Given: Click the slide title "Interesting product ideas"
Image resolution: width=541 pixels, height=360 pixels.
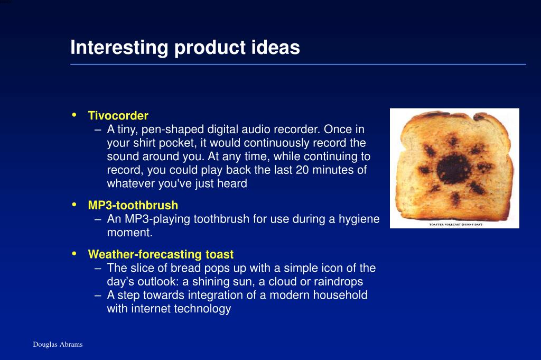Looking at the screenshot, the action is [185, 48].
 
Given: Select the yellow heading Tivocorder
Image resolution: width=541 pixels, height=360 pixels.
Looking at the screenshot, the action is [118, 115].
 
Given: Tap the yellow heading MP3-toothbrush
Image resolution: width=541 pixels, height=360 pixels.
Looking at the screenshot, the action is [133, 205].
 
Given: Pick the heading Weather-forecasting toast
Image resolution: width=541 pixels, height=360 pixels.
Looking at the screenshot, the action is [161, 254].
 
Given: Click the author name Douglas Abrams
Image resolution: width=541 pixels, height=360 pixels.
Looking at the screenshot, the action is [58, 344].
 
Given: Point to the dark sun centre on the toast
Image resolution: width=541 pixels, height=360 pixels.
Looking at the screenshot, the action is [454, 169].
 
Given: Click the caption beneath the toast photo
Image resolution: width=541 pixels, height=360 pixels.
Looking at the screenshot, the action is [455, 224].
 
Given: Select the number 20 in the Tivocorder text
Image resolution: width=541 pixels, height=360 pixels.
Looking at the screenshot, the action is [302, 170].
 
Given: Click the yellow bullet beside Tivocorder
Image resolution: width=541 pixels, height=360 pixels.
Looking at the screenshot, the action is [74, 115].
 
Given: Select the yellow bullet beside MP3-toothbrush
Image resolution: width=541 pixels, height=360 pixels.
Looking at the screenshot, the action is [74, 205].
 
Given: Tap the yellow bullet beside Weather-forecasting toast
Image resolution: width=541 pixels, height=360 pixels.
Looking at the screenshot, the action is [74, 254].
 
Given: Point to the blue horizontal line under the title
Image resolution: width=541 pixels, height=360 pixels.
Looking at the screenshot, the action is [298, 64].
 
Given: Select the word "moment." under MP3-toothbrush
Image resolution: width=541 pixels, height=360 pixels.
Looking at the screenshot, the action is [130, 233].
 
